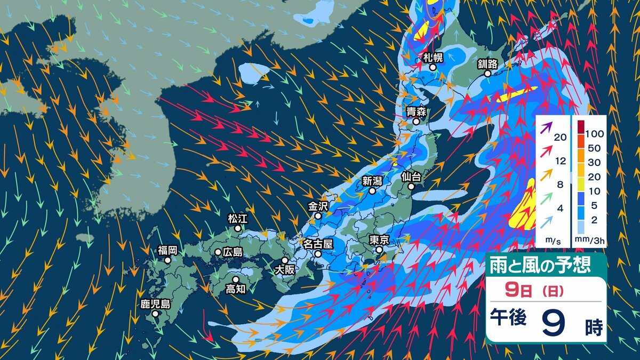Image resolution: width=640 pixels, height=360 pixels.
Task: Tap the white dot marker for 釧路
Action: point(487,75)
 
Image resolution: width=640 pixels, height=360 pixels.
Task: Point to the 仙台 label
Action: point(411,175)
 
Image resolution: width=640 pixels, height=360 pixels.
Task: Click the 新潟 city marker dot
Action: point(372,190)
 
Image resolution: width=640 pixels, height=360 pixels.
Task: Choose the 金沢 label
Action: point(318,205)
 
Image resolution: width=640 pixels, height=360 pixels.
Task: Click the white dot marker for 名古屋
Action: point(318,254)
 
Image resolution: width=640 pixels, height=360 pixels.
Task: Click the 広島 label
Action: point(233,252)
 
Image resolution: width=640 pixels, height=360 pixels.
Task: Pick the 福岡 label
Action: point(167,250)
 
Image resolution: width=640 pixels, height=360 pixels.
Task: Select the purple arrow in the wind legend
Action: point(545,128)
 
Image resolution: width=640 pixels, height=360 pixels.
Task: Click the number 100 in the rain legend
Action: point(594,132)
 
